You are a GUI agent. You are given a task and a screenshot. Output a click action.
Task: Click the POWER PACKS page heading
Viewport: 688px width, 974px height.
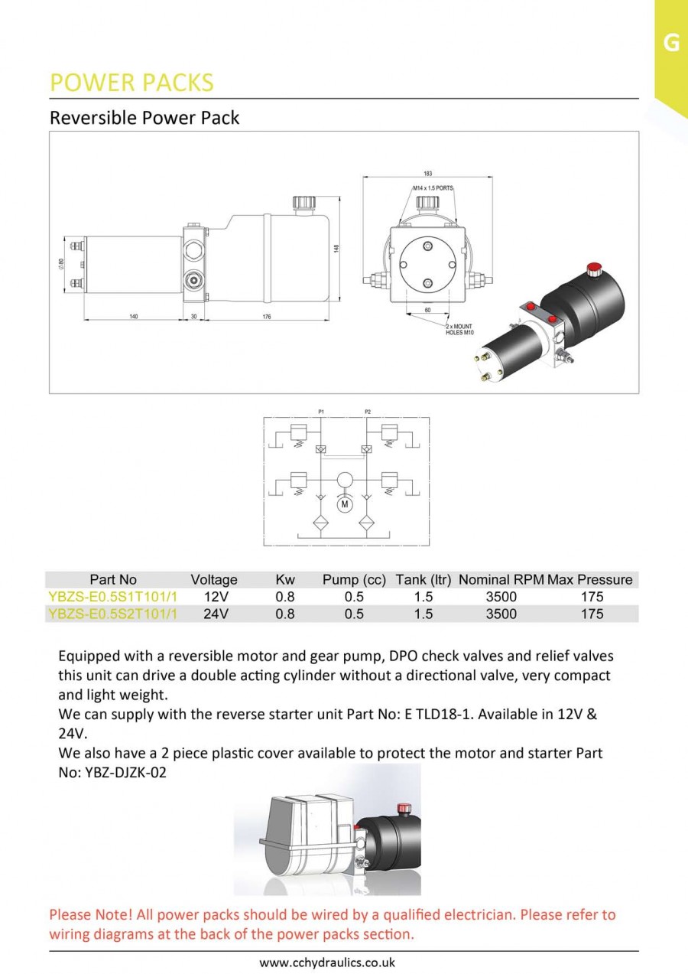coord(131,83)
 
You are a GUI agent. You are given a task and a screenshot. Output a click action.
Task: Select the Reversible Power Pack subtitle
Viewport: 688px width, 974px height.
coord(144,118)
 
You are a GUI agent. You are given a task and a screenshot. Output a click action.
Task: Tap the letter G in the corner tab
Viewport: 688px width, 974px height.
coord(671,43)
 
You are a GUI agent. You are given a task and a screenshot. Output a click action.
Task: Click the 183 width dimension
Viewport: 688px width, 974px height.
coord(427,174)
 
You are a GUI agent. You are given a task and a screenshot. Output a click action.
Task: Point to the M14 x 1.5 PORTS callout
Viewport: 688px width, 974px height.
coord(433,187)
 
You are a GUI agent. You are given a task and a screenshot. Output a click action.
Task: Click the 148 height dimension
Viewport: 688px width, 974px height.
coord(336,248)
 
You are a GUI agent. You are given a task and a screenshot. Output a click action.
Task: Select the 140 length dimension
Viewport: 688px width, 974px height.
coord(134,317)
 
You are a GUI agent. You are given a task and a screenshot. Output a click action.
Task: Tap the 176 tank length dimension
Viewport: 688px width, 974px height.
coord(267,317)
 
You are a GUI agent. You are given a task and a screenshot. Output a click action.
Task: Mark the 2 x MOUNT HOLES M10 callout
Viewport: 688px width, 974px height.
coord(459,330)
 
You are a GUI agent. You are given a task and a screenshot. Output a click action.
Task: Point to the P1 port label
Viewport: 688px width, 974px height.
coord(321,412)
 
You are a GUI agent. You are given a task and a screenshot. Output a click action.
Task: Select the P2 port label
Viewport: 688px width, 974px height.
coord(368,412)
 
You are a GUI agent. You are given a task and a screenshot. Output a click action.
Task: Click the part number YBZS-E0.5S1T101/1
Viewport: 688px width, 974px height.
coord(112,597)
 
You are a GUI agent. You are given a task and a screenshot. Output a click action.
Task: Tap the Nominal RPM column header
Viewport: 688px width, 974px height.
coord(501,580)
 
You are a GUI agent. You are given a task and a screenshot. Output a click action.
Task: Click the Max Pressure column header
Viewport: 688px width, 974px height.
coord(590,580)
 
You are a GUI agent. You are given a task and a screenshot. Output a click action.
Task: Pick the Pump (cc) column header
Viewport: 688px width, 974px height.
coord(354,580)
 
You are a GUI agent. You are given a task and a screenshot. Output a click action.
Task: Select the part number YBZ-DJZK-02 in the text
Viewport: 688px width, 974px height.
coord(120,772)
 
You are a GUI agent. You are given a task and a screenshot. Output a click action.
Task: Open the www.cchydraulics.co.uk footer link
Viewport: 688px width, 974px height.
coord(327,963)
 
